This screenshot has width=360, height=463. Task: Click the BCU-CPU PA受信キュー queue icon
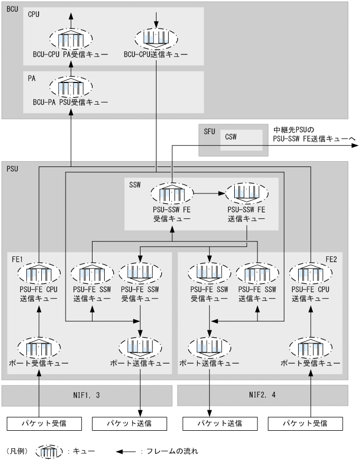tap(70, 38)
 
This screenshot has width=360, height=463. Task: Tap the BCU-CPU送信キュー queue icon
tap(156, 38)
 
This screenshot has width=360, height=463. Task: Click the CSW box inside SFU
tap(241, 140)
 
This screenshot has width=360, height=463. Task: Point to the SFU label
tap(208, 131)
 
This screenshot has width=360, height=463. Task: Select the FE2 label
tap(331, 260)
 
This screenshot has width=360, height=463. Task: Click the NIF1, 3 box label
tap(87, 395)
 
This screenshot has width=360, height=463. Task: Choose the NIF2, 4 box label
tap(263, 395)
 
